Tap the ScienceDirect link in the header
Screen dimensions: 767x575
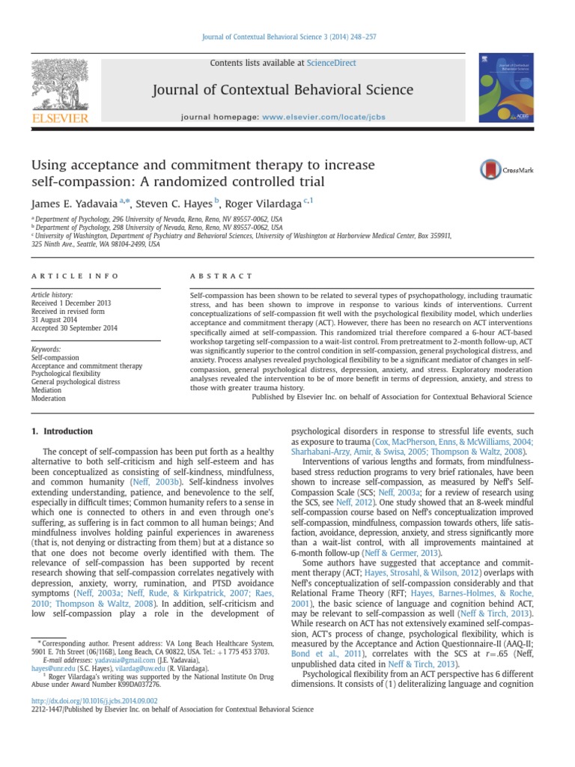coord(331,64)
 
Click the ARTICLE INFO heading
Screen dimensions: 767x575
coord(74,276)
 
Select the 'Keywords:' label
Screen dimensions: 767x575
coord(45,349)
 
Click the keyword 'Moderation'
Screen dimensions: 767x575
coord(48,398)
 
